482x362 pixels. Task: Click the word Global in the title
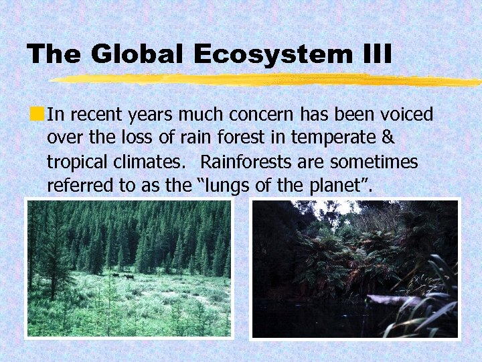(136, 54)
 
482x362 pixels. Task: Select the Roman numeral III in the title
(376, 54)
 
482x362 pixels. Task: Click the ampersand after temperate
(388, 138)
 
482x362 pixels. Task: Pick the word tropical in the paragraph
(74, 162)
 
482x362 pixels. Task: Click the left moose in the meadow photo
(115, 276)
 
